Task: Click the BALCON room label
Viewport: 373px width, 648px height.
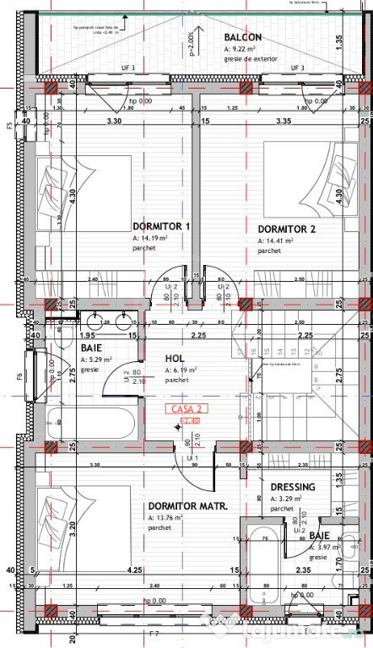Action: point(243,38)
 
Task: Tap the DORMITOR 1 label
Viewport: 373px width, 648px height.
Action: point(162,226)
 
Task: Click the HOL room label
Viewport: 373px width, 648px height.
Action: point(176,359)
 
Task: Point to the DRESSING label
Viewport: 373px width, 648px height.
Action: point(293,487)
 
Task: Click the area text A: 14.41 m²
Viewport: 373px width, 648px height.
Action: point(276,240)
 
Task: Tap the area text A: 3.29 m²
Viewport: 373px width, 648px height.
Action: point(287,499)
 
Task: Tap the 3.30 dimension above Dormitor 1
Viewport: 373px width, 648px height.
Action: point(111,121)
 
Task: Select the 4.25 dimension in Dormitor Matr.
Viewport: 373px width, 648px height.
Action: point(134,570)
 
